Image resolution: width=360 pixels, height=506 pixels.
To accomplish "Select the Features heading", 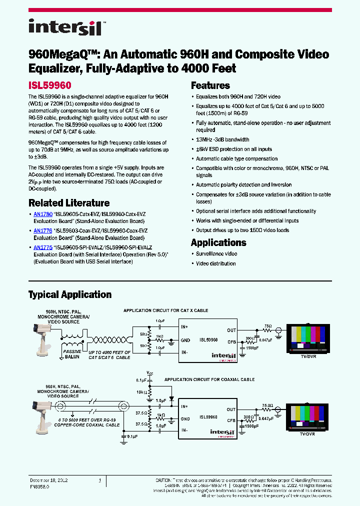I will click(210, 85).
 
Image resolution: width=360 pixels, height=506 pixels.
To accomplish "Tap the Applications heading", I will click(218, 242).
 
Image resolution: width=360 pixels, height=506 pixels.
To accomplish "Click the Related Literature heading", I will click(69, 203).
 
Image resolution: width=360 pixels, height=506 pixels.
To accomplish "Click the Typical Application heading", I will click(70, 294).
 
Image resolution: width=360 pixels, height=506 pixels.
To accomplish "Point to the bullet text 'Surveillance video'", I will click(216, 254).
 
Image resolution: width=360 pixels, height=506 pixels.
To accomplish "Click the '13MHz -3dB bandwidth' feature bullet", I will click(222, 139).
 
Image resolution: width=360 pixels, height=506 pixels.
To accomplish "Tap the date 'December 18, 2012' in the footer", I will click(48, 480).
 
